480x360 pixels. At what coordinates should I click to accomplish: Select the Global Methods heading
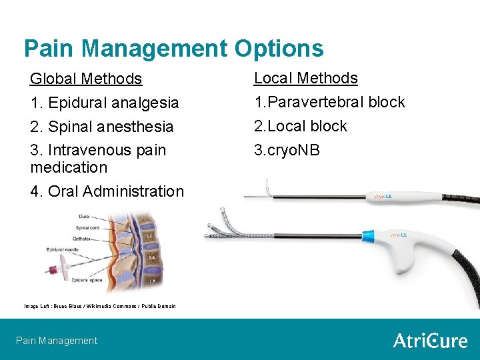[x=86, y=79]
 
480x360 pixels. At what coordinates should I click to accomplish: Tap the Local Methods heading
[x=306, y=78]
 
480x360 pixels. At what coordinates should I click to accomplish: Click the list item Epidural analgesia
[x=105, y=103]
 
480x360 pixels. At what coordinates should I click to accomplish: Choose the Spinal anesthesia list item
[x=102, y=127]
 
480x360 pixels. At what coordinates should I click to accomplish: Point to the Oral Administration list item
[x=107, y=191]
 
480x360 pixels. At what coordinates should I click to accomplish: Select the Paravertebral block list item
[x=329, y=102]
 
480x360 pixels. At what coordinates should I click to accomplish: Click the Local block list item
[x=301, y=126]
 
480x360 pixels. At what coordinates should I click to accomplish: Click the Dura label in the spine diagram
[x=83, y=217]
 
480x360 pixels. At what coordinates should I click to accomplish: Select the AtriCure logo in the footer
[x=430, y=340]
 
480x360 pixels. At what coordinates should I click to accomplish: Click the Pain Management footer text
[x=57, y=341]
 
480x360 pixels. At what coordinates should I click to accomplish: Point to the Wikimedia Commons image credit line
[x=100, y=306]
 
